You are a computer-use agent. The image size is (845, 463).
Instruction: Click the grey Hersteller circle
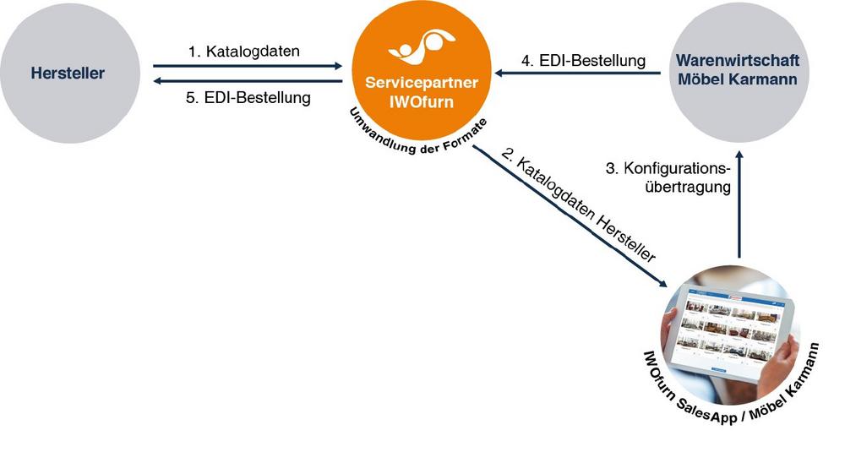[68, 73]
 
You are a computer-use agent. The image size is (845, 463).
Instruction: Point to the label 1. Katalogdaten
[244, 52]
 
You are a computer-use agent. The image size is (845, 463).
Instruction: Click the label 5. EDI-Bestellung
[248, 97]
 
